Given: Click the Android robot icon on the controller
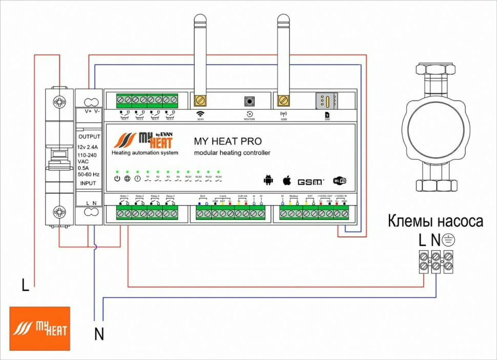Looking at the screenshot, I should coord(267,179).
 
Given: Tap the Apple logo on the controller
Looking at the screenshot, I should coord(287,179).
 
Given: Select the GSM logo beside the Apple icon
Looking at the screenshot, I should coord(311,182).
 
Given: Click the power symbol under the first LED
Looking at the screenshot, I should coord(117,178).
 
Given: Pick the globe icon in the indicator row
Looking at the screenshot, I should coord(127,178).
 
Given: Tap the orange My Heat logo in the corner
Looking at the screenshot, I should coord(39,329).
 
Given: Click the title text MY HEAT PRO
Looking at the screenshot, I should coord(227,141).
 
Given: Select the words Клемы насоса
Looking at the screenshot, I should coord(436,222).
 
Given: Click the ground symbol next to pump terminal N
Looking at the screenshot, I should coord(449,239).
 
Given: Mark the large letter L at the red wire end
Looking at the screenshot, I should coord(25,285).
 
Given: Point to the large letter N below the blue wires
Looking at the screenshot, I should coord(99,334).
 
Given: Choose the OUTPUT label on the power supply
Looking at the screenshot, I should coord(89,137).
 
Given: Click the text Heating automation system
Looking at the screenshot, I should coord(145,153).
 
